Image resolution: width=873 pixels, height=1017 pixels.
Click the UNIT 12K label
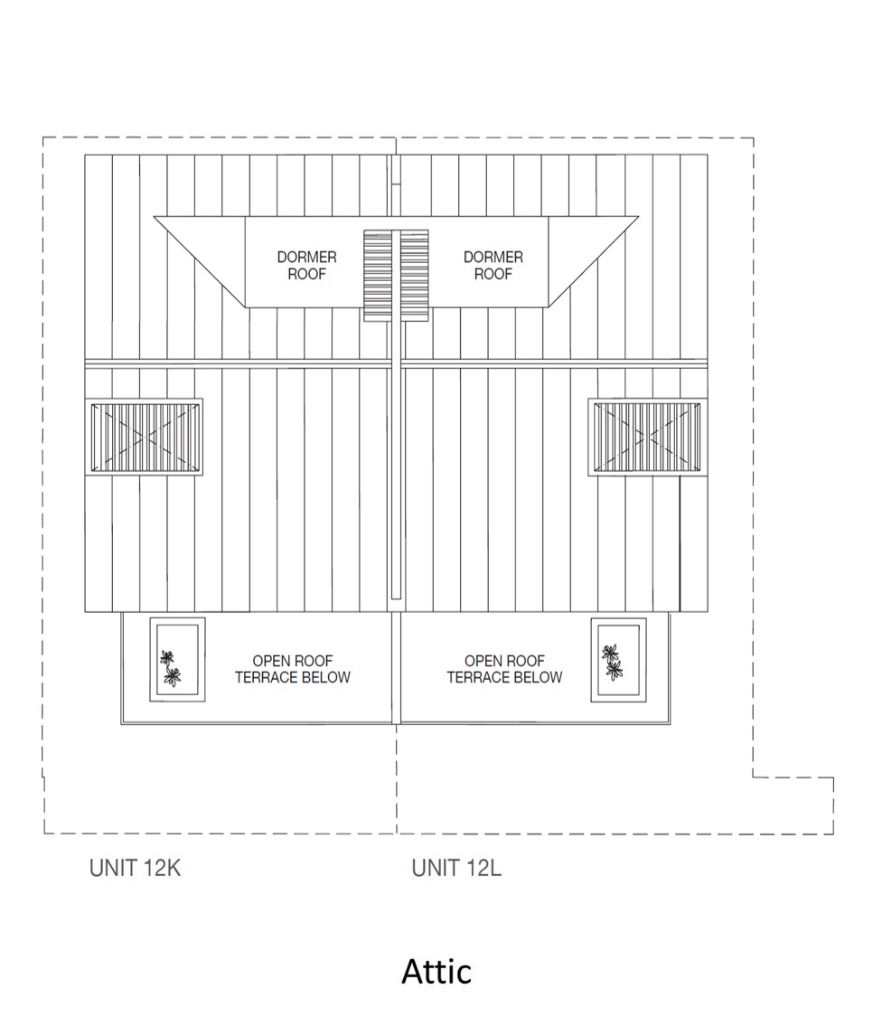click(x=136, y=869)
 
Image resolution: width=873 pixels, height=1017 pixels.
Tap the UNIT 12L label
click(x=456, y=869)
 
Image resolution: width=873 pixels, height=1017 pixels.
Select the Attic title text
click(x=436, y=972)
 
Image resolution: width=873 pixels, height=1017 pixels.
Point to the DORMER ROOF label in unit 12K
click(x=306, y=266)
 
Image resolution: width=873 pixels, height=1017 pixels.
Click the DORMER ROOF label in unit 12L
click(x=493, y=266)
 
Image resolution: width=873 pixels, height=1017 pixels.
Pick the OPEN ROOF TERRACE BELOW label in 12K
click(x=292, y=669)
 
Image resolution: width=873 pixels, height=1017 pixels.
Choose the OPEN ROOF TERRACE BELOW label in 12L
click(x=504, y=669)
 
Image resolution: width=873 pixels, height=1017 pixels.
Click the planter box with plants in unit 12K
click(x=177, y=658)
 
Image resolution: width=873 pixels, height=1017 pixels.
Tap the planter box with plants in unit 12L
click(x=618, y=660)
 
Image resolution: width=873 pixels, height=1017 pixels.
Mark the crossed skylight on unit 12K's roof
click(x=145, y=437)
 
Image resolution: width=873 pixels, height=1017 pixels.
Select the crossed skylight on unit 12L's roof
click(x=646, y=437)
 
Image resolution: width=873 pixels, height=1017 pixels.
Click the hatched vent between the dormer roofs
click(x=396, y=275)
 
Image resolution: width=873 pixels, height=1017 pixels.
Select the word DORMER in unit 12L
click(x=493, y=258)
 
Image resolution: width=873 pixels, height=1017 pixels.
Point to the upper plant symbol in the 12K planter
click(x=166, y=657)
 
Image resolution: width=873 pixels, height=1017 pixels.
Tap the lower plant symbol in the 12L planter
click(x=615, y=669)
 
